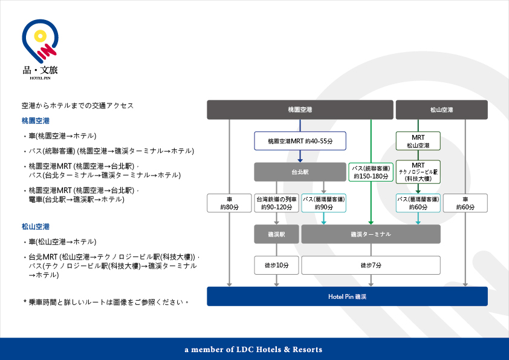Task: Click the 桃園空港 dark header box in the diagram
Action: (x=300, y=110)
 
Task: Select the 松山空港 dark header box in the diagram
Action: (x=441, y=110)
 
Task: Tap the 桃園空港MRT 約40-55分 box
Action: (x=300, y=141)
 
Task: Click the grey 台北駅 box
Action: (x=300, y=172)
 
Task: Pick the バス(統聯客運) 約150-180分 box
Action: (x=371, y=172)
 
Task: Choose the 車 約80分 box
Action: (x=229, y=203)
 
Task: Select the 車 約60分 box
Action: (x=465, y=203)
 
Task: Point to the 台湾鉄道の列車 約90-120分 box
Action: (x=277, y=203)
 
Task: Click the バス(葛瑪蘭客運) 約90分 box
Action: (x=323, y=203)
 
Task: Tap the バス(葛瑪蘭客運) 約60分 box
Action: (x=418, y=203)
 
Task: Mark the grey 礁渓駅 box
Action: (x=277, y=234)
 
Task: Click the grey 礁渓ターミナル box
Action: (x=371, y=234)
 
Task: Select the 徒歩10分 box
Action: (x=277, y=265)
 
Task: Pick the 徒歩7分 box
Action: (x=371, y=265)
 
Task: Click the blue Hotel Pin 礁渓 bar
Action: (x=347, y=296)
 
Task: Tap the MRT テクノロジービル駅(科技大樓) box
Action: (x=418, y=172)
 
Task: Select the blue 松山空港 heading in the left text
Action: (x=35, y=227)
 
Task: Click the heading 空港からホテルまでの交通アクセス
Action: (x=77, y=105)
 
